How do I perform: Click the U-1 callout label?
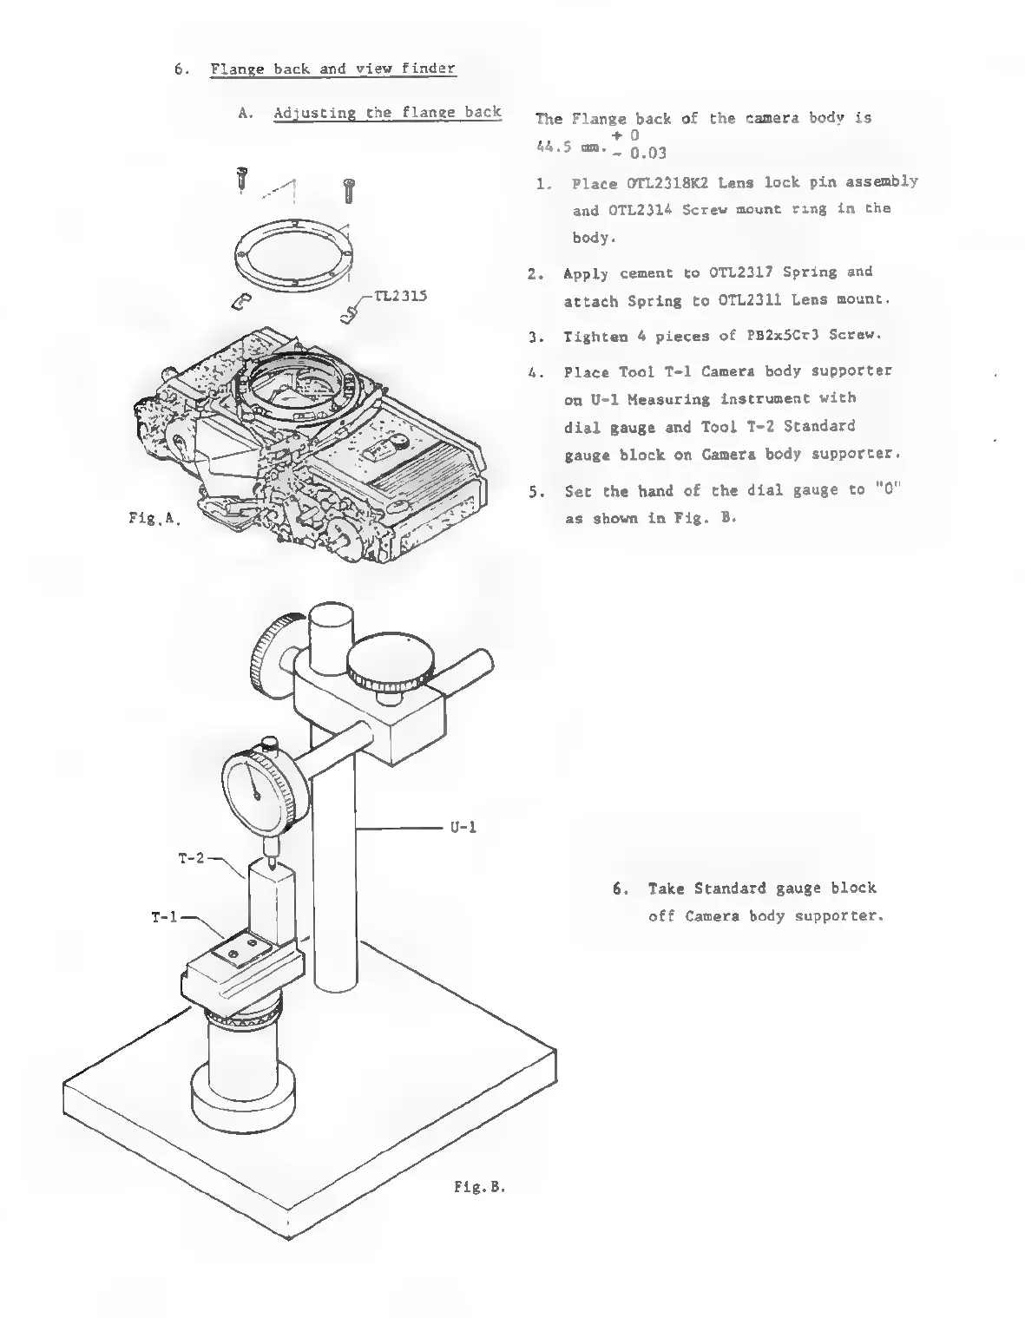coord(463,828)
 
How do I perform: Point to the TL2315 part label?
coord(398,296)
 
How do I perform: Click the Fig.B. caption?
coord(479,1185)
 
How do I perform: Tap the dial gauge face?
coord(258,788)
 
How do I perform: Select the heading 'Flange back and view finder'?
coord(332,69)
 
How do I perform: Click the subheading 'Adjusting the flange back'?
coord(387,113)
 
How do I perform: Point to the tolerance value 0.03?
coord(648,154)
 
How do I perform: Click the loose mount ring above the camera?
coord(295,254)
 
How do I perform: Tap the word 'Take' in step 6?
coord(667,889)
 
